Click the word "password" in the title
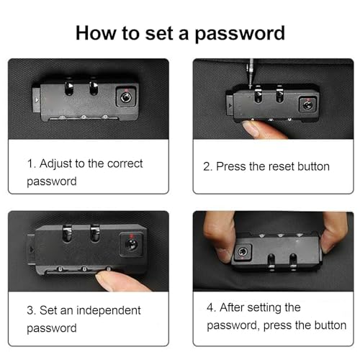(x=240, y=34)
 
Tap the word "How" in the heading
(x=96, y=32)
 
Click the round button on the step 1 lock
(x=126, y=97)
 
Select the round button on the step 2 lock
(x=307, y=105)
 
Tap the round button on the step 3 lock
(x=131, y=244)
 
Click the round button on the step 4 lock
(x=243, y=252)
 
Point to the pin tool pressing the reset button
(x=251, y=73)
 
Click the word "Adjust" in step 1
(x=55, y=164)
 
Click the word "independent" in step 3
(x=109, y=310)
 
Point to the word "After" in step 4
(x=230, y=307)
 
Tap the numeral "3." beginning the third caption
(x=32, y=310)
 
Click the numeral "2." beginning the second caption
(x=208, y=166)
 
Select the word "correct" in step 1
(x=125, y=164)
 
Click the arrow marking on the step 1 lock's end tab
(x=37, y=100)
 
